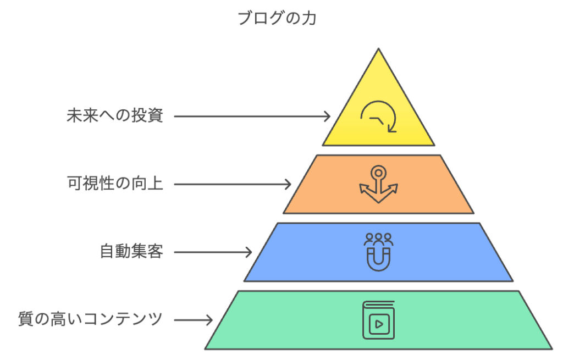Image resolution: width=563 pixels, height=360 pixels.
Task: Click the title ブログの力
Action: [277, 19]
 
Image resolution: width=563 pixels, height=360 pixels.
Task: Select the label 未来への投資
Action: [115, 117]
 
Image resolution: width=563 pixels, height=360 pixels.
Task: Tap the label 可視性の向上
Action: [115, 184]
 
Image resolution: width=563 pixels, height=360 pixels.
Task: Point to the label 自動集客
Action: [131, 252]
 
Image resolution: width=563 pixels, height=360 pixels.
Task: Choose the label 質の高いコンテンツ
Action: [90, 319]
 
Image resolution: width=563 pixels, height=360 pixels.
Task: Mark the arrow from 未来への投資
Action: [252, 117]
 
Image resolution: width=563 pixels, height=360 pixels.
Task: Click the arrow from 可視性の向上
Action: [233, 184]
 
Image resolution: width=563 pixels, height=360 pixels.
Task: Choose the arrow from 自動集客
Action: [213, 252]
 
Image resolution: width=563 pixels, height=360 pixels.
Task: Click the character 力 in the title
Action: [310, 19]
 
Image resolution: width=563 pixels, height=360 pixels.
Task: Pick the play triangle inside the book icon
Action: [379, 324]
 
